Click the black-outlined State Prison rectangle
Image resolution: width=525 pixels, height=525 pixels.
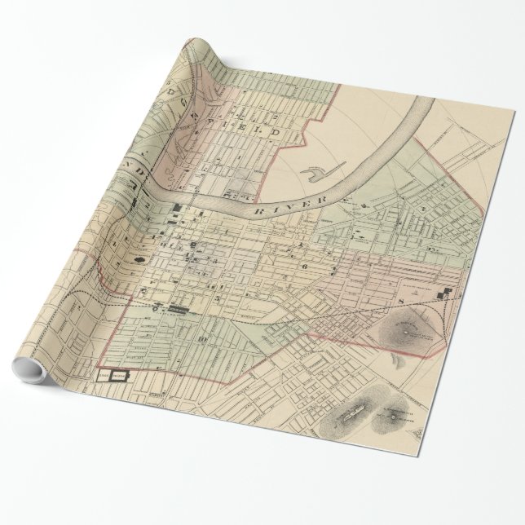click(x=114, y=376)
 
